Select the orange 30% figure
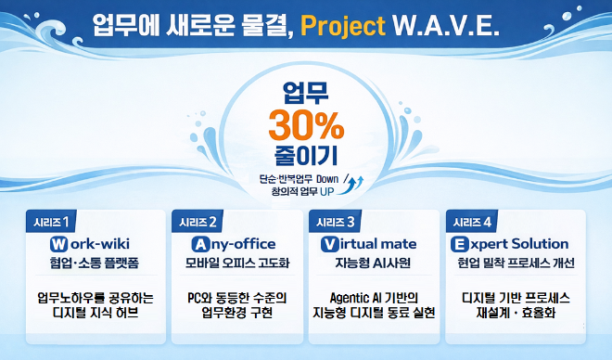point(305,122)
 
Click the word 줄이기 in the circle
point(305,151)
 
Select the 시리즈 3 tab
point(335,222)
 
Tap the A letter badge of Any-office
point(198,244)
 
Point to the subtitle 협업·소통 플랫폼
point(96,263)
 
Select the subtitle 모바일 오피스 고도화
point(236,263)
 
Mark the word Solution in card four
point(541,244)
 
